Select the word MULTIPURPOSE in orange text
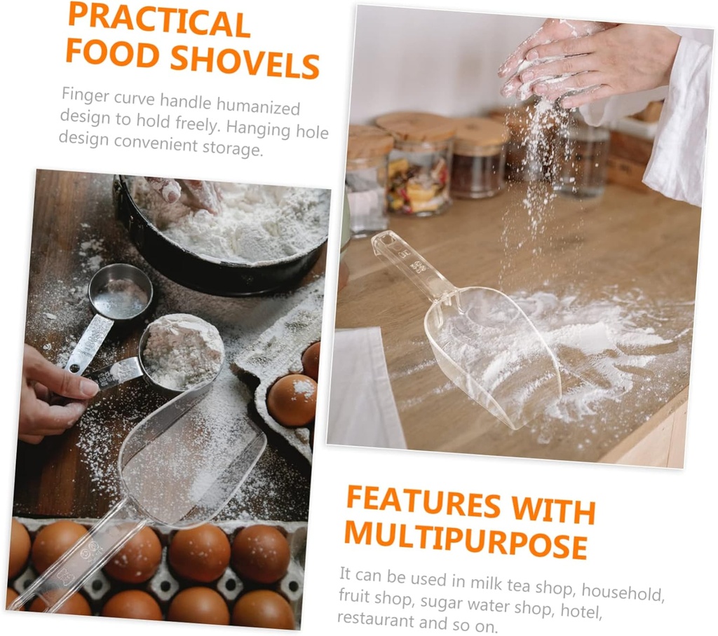pyautogui.click(x=466, y=541)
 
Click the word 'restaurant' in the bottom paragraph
pyautogui.click(x=375, y=619)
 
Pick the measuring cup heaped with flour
pyautogui.click(x=182, y=350)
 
